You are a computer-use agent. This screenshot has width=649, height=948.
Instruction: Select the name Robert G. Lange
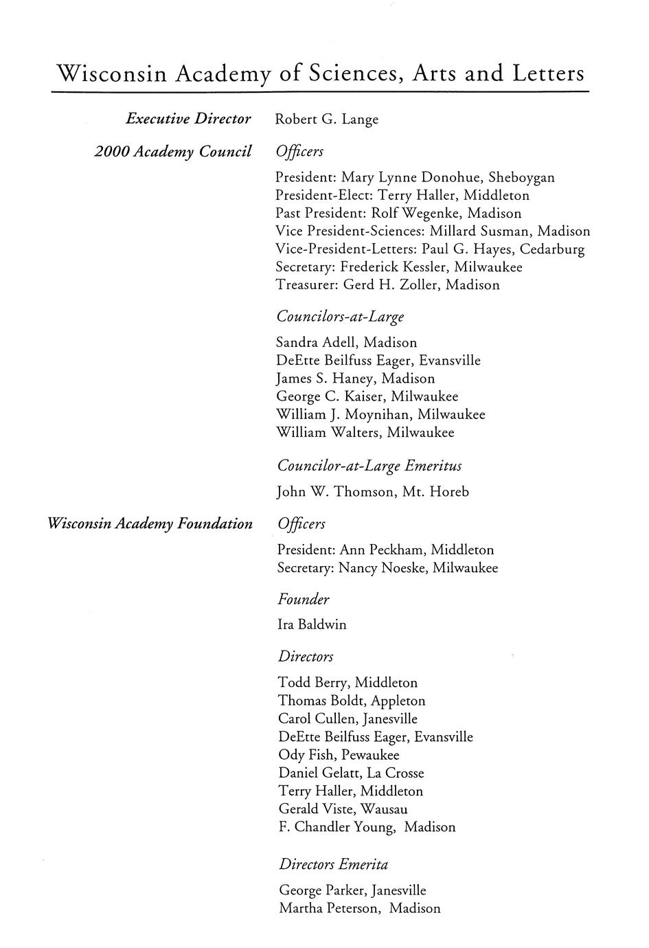click(x=326, y=120)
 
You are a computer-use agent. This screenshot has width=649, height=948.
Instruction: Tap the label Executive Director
click(x=188, y=119)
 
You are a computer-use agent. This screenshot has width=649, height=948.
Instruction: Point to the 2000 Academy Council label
click(x=172, y=151)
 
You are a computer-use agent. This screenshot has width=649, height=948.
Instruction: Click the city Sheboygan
click(x=521, y=178)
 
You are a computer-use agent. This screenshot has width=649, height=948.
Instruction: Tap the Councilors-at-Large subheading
click(x=340, y=317)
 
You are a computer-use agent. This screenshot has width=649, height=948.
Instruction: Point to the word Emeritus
click(x=433, y=466)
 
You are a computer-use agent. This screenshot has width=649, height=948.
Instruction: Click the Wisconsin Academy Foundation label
click(x=150, y=524)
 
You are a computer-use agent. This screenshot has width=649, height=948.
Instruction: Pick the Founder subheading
click(x=304, y=600)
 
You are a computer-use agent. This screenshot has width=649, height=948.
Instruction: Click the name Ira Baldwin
click(x=312, y=625)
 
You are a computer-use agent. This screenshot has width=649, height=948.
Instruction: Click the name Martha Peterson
click(x=328, y=909)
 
